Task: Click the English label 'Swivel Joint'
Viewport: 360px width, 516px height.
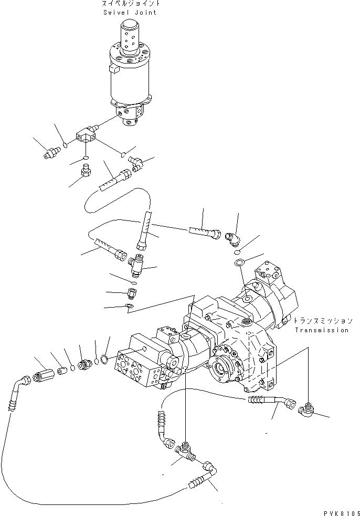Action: [x=131, y=12]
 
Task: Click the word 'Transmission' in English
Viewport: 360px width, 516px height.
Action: [x=321, y=330]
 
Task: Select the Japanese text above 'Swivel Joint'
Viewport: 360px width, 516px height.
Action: [x=131, y=4]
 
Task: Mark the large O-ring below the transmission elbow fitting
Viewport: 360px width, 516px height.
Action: [x=239, y=262]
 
